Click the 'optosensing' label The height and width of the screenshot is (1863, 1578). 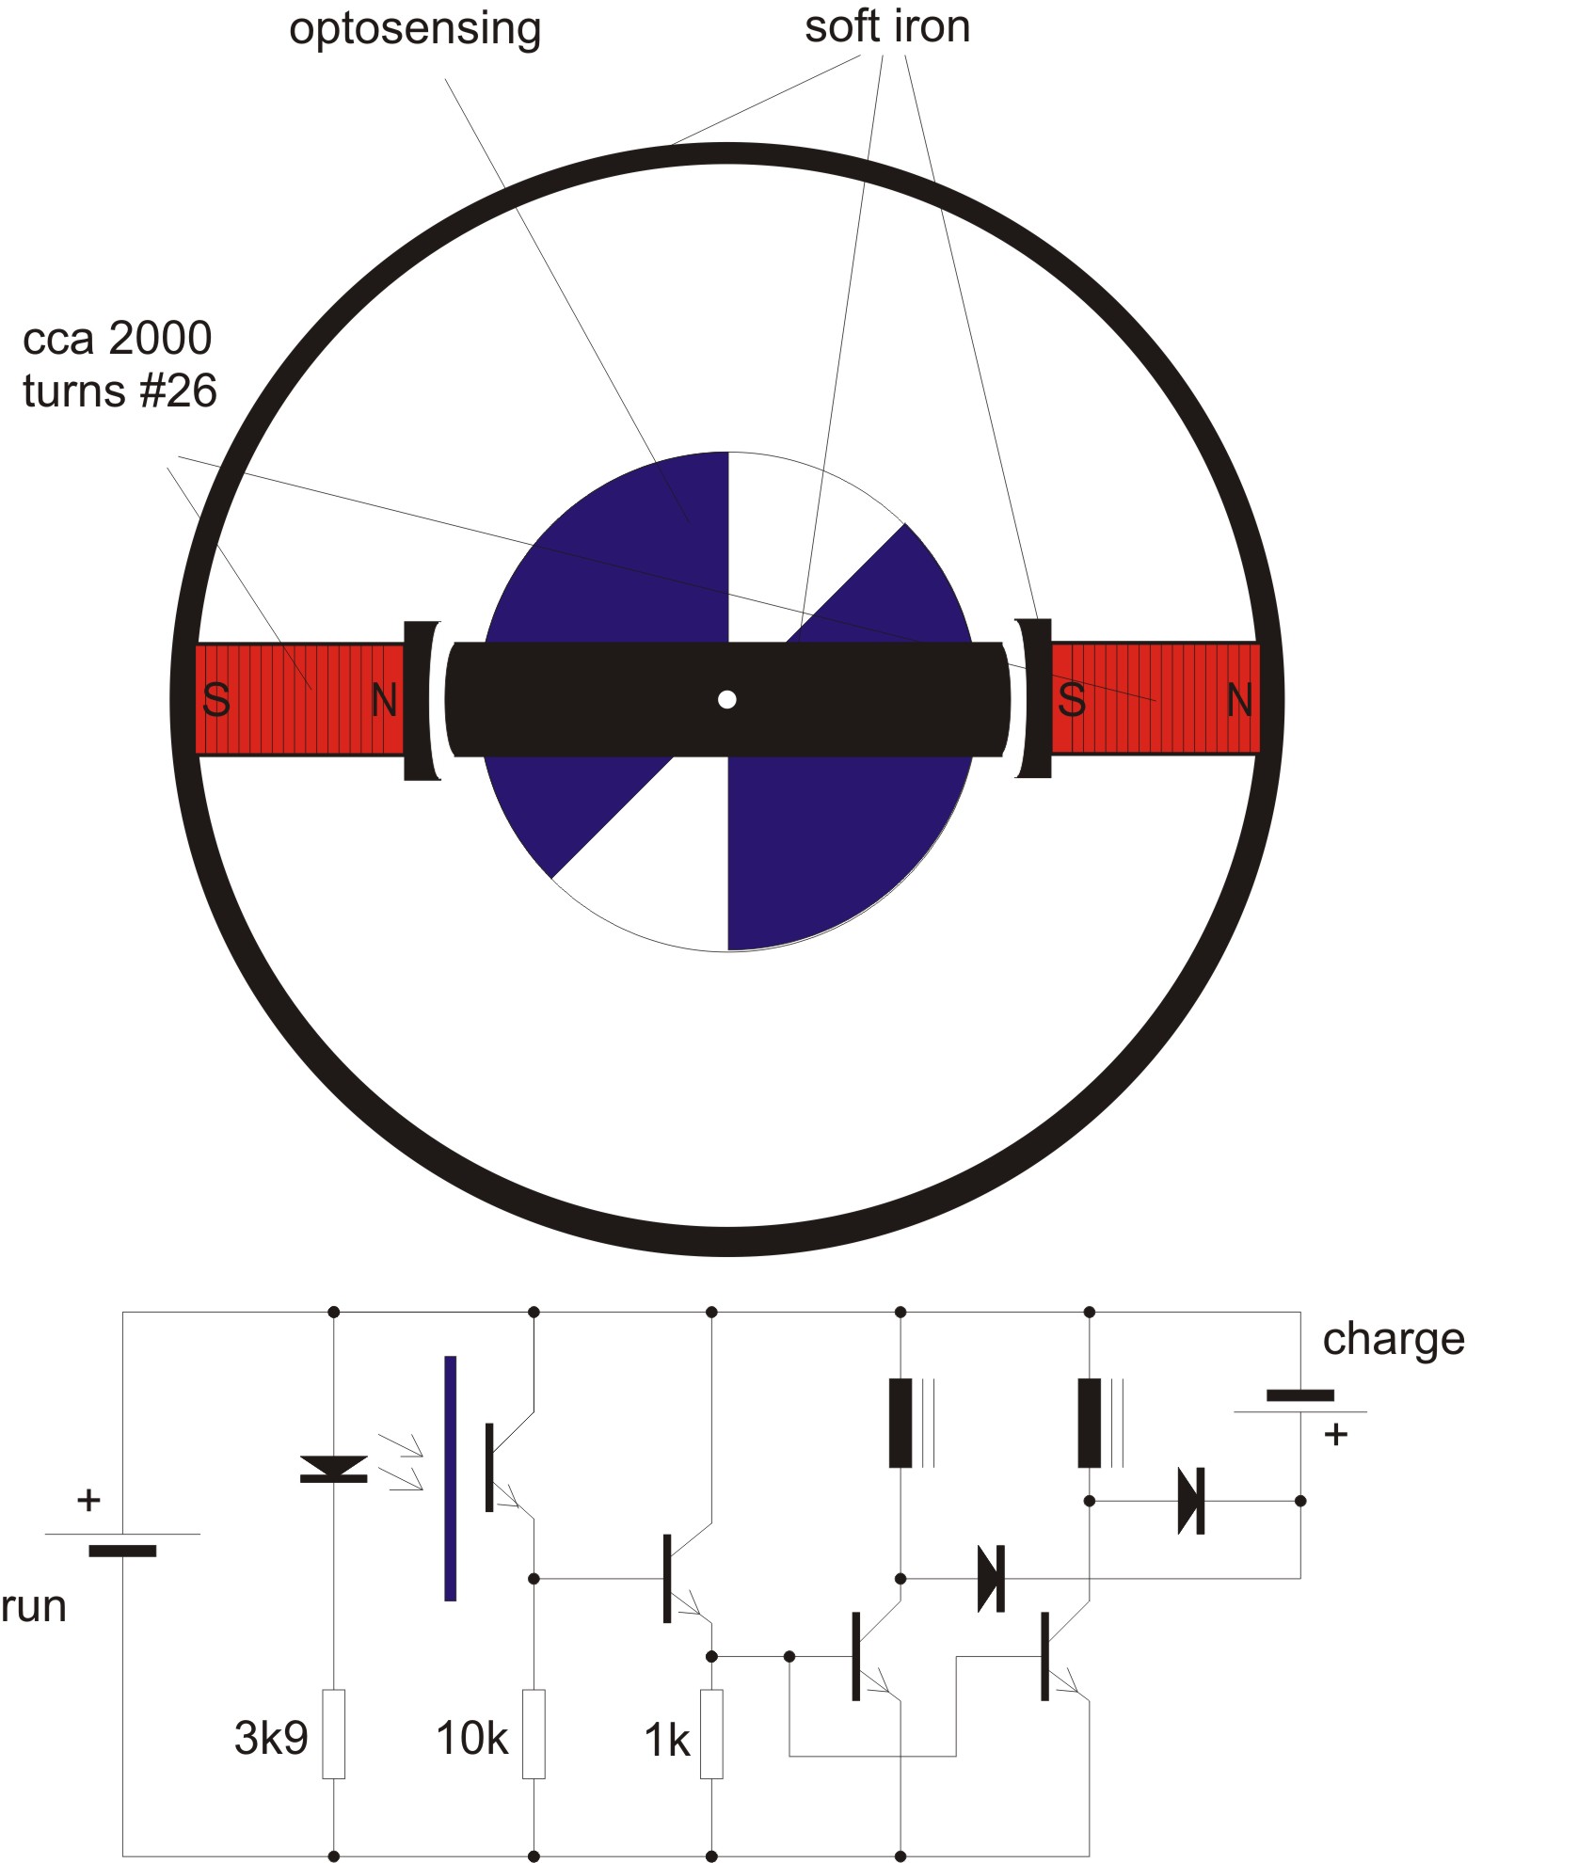415,30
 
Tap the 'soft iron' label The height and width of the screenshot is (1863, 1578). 887,26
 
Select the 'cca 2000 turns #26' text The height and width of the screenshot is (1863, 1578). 120,364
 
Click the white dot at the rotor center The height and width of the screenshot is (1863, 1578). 726,699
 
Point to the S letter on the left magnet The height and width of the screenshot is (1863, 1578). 216,700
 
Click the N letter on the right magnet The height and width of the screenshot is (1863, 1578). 1240,700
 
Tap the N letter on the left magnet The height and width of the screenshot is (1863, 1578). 385,700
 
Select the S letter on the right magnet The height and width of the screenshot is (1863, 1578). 1072,700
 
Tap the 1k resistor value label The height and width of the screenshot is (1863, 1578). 666,1740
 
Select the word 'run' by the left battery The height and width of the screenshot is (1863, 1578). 34,1608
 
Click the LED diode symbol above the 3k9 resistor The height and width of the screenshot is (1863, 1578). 334,1468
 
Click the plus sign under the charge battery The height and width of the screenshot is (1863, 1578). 1335,1435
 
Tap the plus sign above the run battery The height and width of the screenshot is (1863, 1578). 88,1500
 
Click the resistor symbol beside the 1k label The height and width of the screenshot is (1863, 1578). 712,1734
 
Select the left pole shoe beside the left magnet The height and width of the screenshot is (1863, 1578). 422,700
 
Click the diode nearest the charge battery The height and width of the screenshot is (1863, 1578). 1191,1501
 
